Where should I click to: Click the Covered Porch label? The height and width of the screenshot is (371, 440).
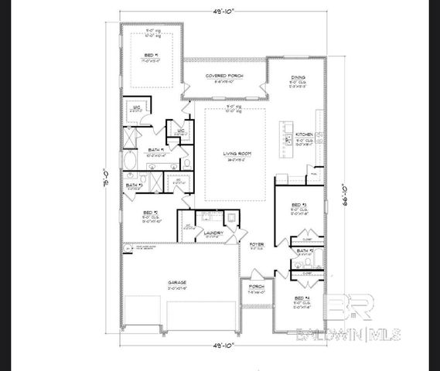pos(224,76)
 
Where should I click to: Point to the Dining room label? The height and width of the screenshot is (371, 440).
pos(298,77)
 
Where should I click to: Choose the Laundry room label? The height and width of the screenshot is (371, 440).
pos(214,232)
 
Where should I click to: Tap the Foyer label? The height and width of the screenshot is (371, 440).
pos(256,245)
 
